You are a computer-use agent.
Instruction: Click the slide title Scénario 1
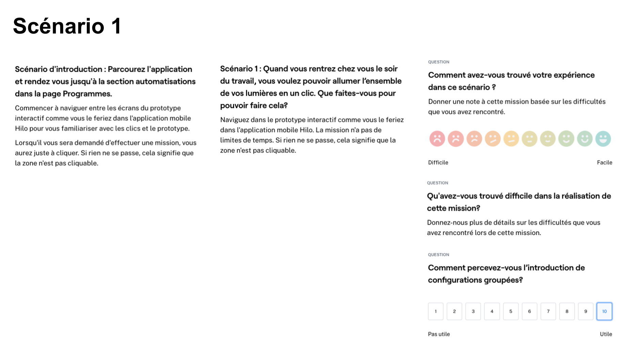67,26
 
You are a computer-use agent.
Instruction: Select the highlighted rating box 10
604,311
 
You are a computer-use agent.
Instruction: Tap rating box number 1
435,311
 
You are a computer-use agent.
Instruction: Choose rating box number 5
511,311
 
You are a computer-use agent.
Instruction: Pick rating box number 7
548,311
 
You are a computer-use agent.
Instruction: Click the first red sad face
437,139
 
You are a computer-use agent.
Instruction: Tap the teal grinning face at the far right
603,139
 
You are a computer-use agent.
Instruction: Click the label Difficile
438,162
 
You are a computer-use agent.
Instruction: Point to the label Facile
604,162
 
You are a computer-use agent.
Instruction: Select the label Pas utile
439,334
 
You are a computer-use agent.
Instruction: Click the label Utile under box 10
606,334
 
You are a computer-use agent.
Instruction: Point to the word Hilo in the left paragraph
21,128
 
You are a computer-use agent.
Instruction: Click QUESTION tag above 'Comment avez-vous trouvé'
439,62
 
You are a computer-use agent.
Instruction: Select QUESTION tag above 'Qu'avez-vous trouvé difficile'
437,183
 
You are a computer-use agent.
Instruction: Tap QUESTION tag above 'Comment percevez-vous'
438,255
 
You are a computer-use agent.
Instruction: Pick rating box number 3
473,311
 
